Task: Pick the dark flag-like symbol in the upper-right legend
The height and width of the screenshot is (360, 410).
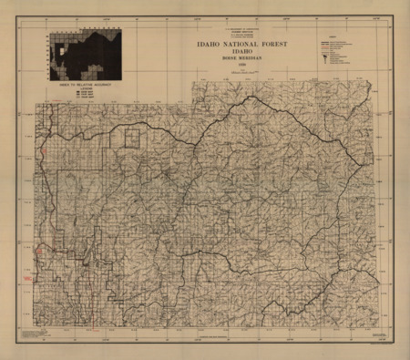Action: pos(326,52)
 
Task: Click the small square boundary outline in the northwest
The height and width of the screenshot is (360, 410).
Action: pos(133,138)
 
